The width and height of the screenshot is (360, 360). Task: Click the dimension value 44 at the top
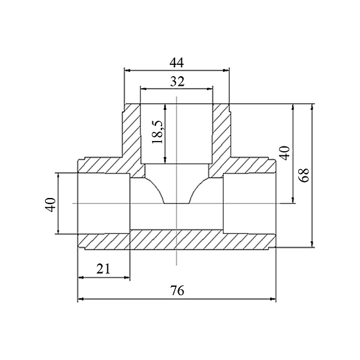coord(176,62)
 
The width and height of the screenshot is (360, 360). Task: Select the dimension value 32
coord(177,81)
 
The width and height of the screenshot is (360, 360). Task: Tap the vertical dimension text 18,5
coord(158,131)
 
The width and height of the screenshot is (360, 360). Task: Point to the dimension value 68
coord(304,175)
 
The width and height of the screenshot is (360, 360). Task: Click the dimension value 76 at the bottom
coord(177,290)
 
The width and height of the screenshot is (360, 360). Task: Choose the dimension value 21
coord(103,269)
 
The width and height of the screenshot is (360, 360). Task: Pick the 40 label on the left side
coord(50,205)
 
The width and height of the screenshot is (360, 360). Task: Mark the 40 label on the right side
coord(284,153)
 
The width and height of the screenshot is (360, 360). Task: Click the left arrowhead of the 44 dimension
coord(127,70)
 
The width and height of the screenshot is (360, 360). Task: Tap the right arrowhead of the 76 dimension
coord(273,299)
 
